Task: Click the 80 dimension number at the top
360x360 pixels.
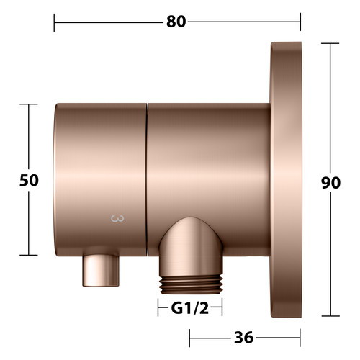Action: pos(176,22)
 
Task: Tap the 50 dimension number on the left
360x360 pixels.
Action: pos(29,180)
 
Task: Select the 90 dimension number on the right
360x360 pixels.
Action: pos(330,183)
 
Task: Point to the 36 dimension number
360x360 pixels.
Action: pos(243,338)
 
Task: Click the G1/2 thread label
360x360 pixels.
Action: pos(190,308)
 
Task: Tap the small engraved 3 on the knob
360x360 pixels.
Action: pos(117,219)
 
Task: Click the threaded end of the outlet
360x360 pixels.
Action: pos(192,284)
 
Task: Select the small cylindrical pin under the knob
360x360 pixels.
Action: pos(101,270)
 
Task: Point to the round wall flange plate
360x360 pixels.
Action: pos(286,179)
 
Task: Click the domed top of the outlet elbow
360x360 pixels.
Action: pos(191,230)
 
